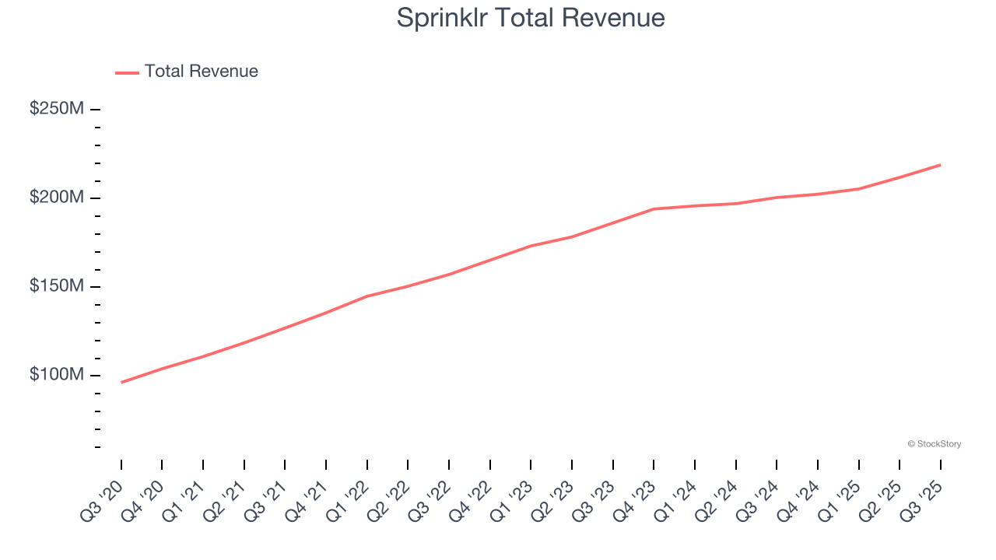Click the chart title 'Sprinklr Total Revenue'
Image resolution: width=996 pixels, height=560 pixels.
click(531, 18)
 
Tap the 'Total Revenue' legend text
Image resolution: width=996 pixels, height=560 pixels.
click(201, 72)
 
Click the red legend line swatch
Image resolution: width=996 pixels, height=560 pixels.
click(127, 72)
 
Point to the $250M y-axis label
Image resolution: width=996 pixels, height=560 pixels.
click(56, 109)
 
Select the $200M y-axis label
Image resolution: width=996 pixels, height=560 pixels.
click(56, 198)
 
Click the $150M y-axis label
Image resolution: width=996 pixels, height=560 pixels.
click(56, 286)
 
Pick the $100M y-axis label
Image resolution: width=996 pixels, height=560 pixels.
click(56, 375)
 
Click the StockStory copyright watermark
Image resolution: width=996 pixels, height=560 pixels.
click(934, 444)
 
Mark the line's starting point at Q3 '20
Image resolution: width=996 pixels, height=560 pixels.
click(121, 383)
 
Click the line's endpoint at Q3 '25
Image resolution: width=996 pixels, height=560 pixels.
click(940, 165)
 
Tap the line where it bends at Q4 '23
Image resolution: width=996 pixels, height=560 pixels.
click(654, 208)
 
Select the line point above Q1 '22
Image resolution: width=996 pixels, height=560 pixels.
click(367, 296)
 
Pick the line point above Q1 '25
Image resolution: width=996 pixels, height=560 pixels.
click(858, 189)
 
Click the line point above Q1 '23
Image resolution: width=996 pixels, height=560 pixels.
click(531, 246)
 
